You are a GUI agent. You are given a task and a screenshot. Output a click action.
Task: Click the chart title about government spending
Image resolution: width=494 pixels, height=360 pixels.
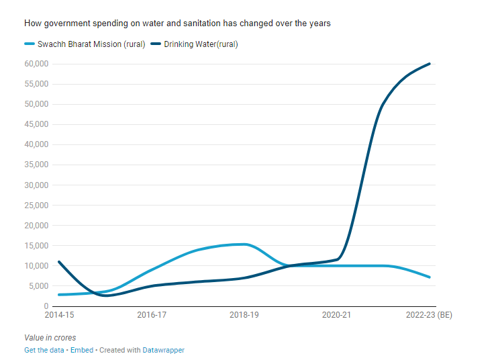point(177,24)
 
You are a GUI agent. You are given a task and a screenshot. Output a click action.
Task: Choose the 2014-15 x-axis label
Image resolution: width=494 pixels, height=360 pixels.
point(59,314)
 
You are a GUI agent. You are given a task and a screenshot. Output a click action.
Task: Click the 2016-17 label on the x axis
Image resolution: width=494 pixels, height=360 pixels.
point(152,314)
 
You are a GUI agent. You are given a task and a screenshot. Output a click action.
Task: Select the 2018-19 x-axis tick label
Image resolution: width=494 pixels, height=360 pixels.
point(244,314)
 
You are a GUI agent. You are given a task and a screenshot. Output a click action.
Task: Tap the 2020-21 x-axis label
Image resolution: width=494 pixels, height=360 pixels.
point(337,314)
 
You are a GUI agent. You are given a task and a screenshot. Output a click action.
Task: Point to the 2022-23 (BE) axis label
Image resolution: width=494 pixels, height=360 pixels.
point(430,314)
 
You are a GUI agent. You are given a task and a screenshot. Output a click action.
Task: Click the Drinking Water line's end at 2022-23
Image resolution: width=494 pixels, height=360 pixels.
point(430,64)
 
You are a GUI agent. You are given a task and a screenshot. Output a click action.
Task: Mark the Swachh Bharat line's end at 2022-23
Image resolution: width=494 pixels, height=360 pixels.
point(430,277)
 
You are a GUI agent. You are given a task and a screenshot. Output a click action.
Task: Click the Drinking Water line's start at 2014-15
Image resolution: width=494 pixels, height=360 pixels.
point(59,262)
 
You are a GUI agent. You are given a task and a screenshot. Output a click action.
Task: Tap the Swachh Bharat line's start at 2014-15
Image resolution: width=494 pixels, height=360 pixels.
point(59,295)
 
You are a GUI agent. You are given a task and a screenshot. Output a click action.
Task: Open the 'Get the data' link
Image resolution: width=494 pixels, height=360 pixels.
point(44,350)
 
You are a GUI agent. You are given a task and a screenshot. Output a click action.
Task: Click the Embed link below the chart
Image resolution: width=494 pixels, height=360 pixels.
point(82,350)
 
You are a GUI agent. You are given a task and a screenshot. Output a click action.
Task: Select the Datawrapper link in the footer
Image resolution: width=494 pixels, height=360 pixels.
point(163,350)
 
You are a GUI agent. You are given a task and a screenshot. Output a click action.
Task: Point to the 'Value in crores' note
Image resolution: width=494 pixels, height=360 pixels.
point(50,337)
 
